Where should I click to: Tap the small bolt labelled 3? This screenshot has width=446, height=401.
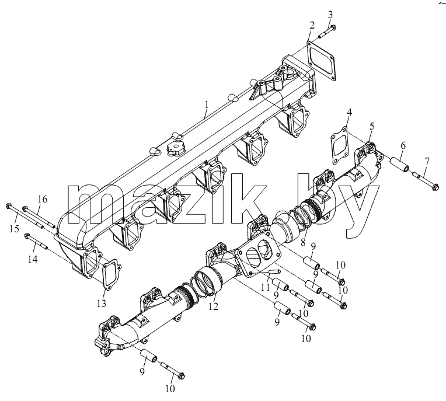(x=327, y=32)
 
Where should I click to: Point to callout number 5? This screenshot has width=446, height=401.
(x=372, y=125)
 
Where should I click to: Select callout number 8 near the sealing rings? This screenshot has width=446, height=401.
(x=303, y=242)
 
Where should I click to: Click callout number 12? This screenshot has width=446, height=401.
(x=213, y=306)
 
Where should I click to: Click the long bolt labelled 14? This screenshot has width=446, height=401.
(x=37, y=241)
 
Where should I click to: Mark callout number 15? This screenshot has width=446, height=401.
(x=14, y=228)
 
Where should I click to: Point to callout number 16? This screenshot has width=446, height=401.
(x=42, y=199)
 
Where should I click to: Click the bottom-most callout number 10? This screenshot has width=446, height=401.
(x=170, y=388)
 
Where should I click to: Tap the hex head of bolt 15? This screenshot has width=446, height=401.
(x=8, y=205)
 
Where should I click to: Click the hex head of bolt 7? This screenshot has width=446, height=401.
(x=435, y=187)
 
